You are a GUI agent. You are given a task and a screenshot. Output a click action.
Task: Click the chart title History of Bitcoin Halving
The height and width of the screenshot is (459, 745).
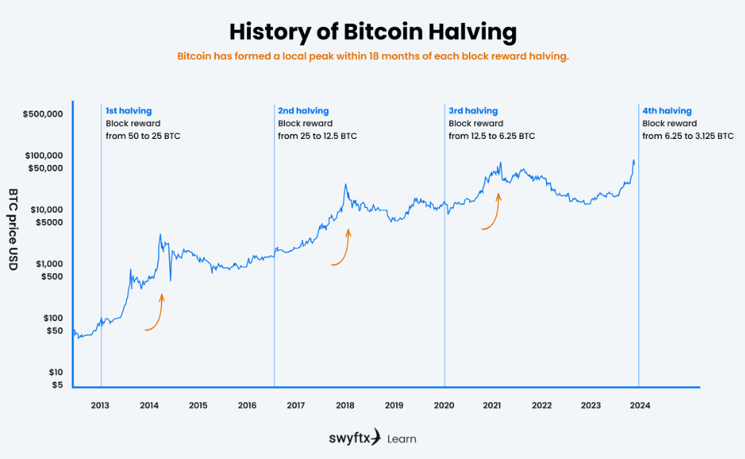pyautogui.click(x=372, y=32)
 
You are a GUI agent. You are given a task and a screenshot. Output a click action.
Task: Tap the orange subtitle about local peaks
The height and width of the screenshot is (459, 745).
pyautogui.click(x=372, y=56)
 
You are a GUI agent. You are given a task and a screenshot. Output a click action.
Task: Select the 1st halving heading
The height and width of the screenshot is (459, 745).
pyautogui.click(x=128, y=111)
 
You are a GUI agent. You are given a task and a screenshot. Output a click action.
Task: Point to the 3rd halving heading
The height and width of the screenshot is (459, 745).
pyautogui.click(x=473, y=111)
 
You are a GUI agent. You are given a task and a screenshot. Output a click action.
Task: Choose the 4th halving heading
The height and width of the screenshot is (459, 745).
pyautogui.click(x=666, y=111)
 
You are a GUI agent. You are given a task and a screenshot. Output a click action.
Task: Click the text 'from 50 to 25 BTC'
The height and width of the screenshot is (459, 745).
pyautogui.click(x=142, y=136)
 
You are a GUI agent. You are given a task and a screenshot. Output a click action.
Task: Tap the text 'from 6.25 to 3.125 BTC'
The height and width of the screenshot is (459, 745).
pyautogui.click(x=688, y=136)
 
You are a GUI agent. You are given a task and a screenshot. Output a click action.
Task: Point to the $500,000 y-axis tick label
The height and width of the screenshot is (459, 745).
pyautogui.click(x=42, y=114)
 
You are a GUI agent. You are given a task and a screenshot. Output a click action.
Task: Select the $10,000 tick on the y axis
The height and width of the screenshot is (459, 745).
pyautogui.click(x=45, y=209)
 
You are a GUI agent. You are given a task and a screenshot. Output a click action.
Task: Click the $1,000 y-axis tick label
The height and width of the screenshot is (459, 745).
pyautogui.click(x=47, y=264)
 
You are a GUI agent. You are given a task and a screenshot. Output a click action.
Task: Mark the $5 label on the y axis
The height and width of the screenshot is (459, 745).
pyautogui.click(x=57, y=385)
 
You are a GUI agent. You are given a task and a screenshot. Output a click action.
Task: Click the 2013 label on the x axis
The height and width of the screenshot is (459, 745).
pyautogui.click(x=100, y=405)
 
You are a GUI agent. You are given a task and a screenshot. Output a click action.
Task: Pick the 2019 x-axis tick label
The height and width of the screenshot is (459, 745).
pyautogui.click(x=394, y=405)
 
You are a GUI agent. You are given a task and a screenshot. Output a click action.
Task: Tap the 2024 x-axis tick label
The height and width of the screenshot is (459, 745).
pyautogui.click(x=640, y=405)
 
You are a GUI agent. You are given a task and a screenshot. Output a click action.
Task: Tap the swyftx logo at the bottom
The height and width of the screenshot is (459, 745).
pyautogui.click(x=355, y=437)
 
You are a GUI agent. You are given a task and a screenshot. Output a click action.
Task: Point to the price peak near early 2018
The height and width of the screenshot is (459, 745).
pyautogui.click(x=345, y=185)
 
